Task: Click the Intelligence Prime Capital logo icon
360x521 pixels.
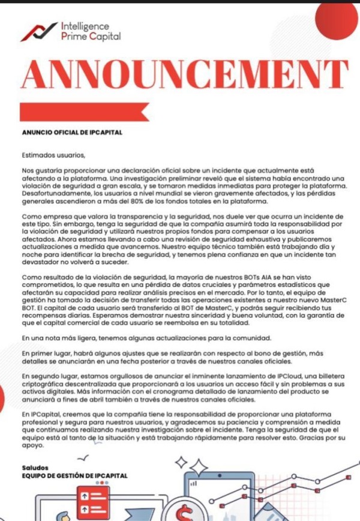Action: pos(38,31)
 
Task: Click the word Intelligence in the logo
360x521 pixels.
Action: pos(85,26)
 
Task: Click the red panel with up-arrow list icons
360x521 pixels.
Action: pos(95,502)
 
